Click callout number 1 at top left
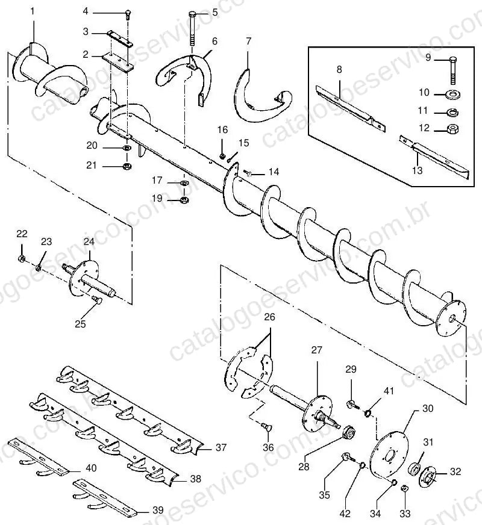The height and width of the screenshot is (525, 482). (33, 11)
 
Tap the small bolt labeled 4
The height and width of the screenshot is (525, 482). (128, 14)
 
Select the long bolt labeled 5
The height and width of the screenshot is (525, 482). (192, 29)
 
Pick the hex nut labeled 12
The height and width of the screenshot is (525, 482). (453, 128)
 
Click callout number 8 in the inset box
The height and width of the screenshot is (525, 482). (339, 69)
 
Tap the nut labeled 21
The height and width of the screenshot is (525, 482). (127, 166)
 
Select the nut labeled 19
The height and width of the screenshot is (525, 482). (184, 200)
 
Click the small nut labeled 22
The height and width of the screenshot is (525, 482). (20, 258)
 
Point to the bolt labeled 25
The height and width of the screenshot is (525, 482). (97, 299)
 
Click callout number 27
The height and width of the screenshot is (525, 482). (316, 350)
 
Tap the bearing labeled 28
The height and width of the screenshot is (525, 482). (349, 431)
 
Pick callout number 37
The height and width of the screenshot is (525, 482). (221, 447)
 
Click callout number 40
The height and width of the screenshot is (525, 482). (91, 468)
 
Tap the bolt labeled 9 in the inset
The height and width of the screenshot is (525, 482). (453, 71)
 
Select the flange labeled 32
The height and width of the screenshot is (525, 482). (427, 476)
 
